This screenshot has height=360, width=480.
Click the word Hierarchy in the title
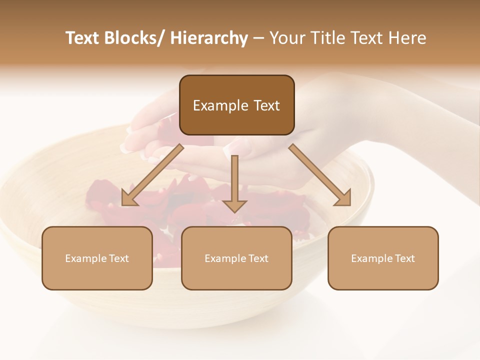click(208, 38)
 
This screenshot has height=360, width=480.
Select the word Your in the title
click(286, 38)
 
